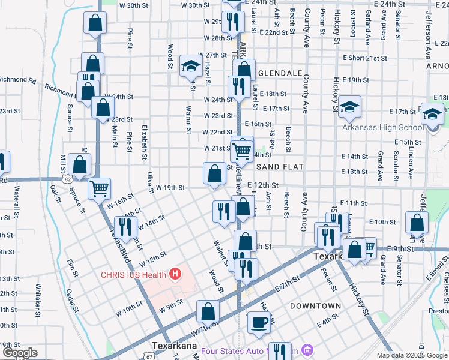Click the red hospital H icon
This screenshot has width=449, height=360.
(x=175, y=275)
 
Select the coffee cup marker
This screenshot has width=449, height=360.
(x=259, y=322)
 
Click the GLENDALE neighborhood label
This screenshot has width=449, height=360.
(x=279, y=73)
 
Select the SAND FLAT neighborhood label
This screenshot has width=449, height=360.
(x=279, y=166)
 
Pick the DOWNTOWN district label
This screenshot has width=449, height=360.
(x=315, y=306)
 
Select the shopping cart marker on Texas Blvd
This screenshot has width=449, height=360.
(x=99, y=188)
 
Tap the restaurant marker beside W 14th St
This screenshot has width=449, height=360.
(x=125, y=226)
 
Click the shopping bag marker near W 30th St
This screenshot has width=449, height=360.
(x=95, y=23)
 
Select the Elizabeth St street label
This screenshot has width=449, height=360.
(x=145, y=143)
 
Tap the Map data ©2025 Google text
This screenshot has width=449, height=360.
(x=412, y=355)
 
